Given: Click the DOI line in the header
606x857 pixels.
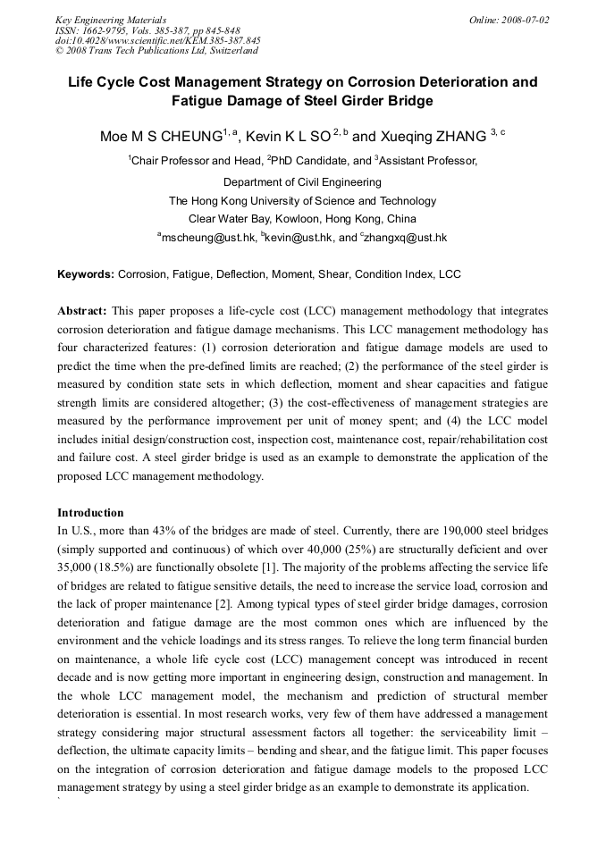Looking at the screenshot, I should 157,41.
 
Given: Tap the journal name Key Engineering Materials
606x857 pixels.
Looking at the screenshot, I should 111,20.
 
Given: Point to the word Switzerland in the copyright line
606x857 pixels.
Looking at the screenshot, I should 235,52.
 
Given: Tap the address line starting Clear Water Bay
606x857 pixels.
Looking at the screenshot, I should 302,219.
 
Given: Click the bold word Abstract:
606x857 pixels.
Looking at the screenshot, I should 82,311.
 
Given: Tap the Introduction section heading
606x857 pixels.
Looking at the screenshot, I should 90,513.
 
